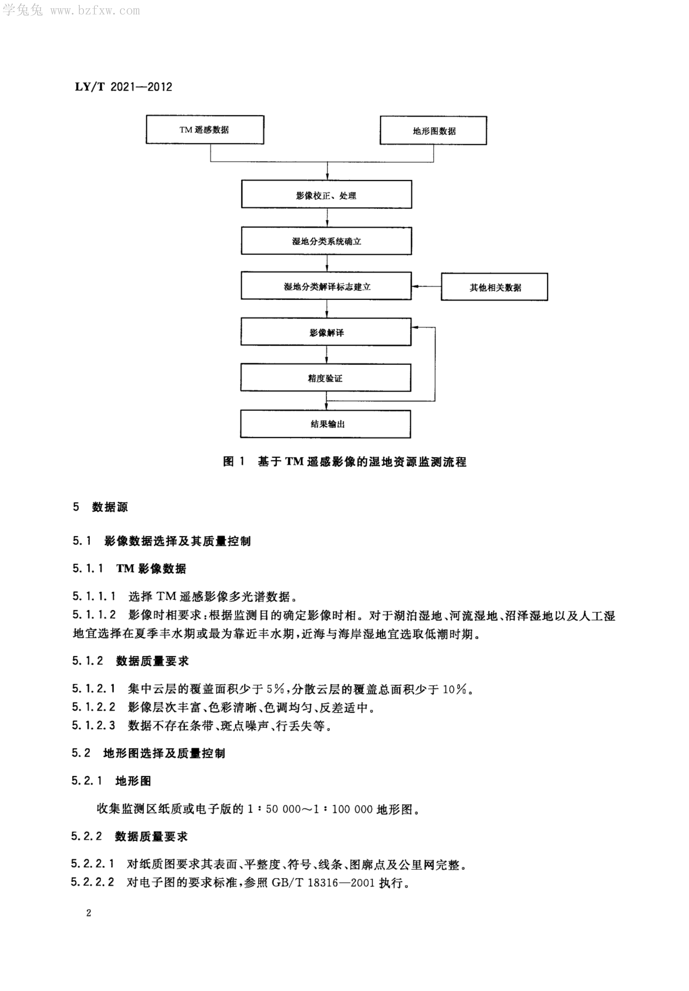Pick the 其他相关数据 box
point(494,287)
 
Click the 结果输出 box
point(326,424)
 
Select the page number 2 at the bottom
point(89,913)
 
